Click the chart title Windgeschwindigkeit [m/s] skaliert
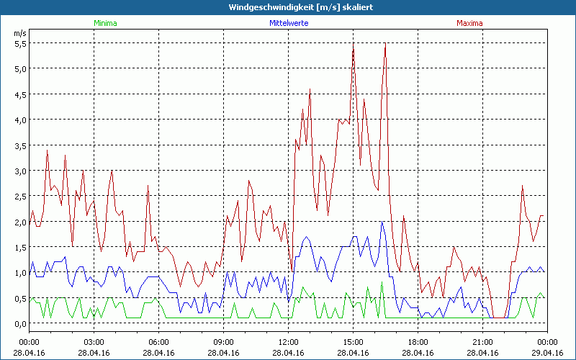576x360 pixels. pyautogui.click(x=287, y=6)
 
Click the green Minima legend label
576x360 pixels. pyautogui.click(x=105, y=23)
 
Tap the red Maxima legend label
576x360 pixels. pyautogui.click(x=469, y=23)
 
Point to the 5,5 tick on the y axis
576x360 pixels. pyautogui.click(x=20, y=43)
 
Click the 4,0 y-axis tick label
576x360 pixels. pyautogui.click(x=20, y=120)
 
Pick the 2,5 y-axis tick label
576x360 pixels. pyautogui.click(x=20, y=196)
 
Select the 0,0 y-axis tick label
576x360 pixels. pyautogui.click(x=20, y=323)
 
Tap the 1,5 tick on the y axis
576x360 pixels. pyautogui.click(x=20, y=247)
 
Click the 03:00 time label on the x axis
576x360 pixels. pyautogui.click(x=94, y=342)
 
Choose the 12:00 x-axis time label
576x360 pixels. pyautogui.click(x=288, y=342)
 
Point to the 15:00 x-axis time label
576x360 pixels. pyautogui.click(x=353, y=342)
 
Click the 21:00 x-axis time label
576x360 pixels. pyautogui.click(x=482, y=342)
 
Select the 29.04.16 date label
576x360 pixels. pyautogui.click(x=547, y=352)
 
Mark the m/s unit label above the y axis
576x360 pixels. pyautogui.click(x=19, y=33)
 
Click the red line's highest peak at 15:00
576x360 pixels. pyautogui.click(x=353, y=45)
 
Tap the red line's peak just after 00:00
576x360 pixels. pyautogui.click(x=48, y=150)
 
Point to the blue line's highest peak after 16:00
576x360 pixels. pyautogui.click(x=382, y=222)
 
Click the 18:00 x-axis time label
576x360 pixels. pyautogui.click(x=418, y=342)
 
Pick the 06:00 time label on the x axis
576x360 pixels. pyautogui.click(x=158, y=342)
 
